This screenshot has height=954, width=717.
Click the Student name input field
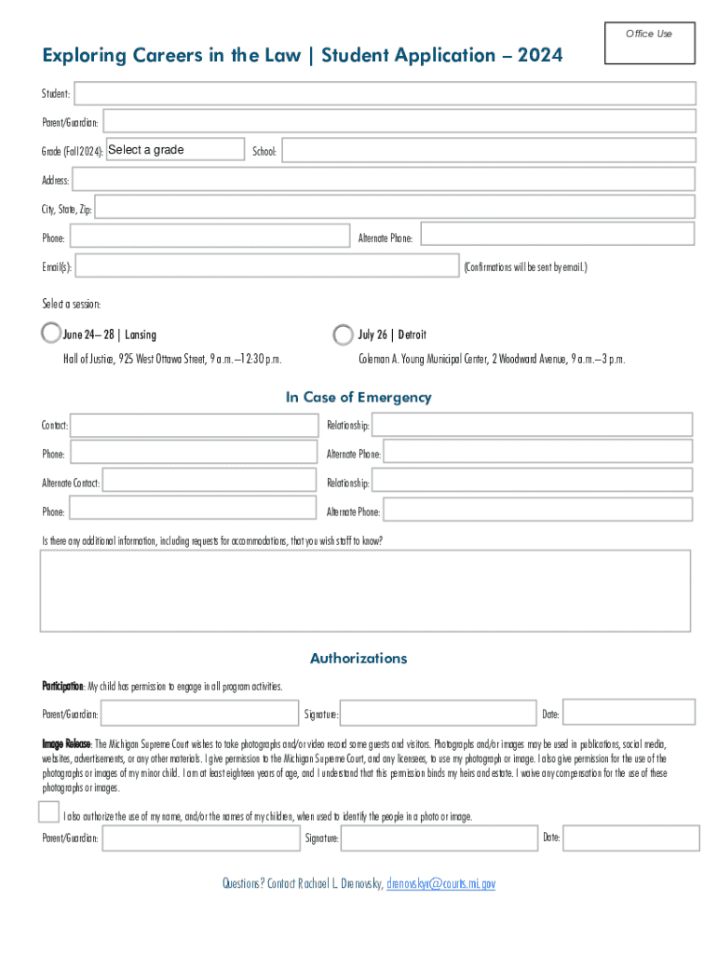[385, 93]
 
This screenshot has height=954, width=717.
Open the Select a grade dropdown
[175, 150]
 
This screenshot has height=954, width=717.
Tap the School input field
[488, 150]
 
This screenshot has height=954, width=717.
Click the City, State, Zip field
[395, 208]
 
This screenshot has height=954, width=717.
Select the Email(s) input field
[267, 266]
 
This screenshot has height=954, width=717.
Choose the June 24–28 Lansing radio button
[50, 333]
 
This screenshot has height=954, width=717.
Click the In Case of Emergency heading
[358, 397]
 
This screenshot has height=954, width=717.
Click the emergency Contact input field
[195, 425]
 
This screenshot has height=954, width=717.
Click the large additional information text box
[365, 591]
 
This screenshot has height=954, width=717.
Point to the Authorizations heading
[358, 658]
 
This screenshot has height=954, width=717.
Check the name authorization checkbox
[49, 811]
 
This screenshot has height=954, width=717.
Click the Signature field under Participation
[438, 713]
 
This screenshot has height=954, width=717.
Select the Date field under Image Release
[630, 838]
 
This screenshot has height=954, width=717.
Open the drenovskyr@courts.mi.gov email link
[440, 883]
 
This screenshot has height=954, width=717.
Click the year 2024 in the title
[540, 56]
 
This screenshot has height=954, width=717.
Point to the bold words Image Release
[66, 744]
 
